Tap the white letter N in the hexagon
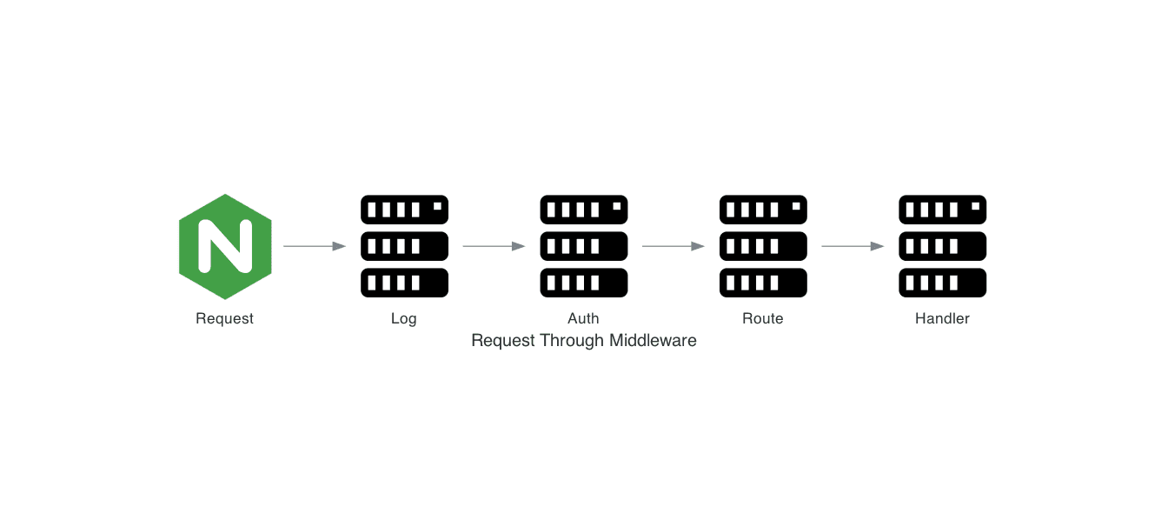click(x=225, y=246)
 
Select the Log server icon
click(x=404, y=246)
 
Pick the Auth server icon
click(x=584, y=246)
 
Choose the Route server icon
click(x=763, y=246)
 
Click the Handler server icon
click(x=942, y=246)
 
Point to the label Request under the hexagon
click(x=225, y=318)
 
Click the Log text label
click(x=404, y=318)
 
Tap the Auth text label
click(x=584, y=318)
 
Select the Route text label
click(x=763, y=318)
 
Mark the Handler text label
click(x=942, y=318)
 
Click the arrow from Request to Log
click(x=315, y=246)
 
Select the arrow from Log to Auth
click(x=494, y=246)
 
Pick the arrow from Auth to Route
click(x=674, y=246)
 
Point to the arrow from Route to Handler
click(x=853, y=246)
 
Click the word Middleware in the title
click(x=653, y=340)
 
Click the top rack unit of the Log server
click(x=404, y=210)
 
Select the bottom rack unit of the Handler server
click(x=942, y=283)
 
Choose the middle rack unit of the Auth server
click(x=584, y=246)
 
